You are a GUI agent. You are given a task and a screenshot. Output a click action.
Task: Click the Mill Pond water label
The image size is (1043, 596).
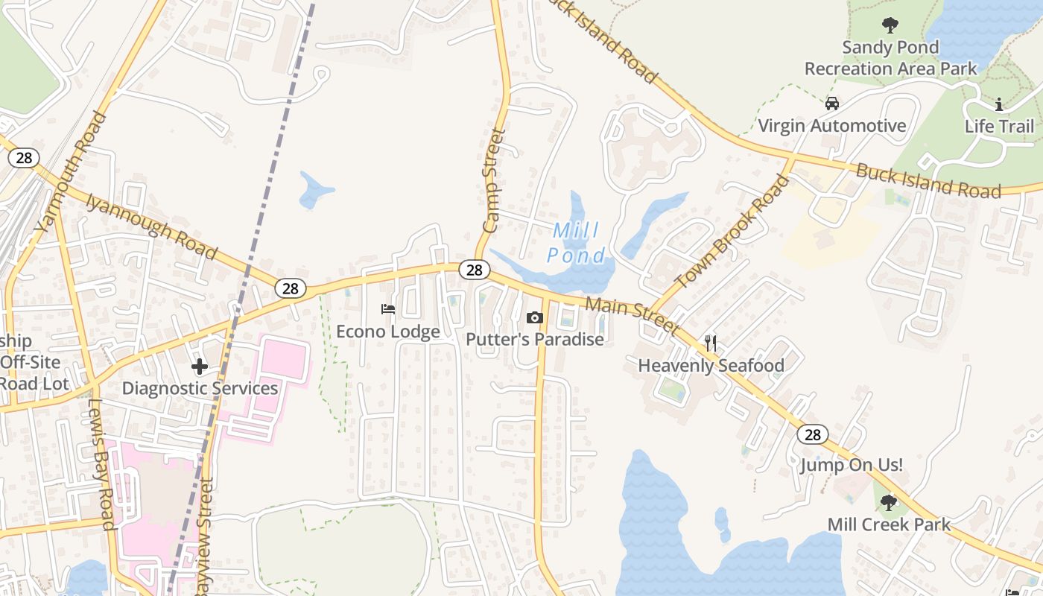click(x=576, y=243)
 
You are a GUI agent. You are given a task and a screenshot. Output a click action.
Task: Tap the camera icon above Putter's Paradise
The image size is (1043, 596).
click(x=534, y=318)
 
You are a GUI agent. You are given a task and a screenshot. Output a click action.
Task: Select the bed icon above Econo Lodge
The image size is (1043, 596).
click(x=387, y=308)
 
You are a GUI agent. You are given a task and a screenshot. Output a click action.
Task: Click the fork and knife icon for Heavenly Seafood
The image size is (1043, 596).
click(x=711, y=343)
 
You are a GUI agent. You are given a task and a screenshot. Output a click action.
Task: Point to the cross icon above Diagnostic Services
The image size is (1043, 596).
click(x=200, y=366)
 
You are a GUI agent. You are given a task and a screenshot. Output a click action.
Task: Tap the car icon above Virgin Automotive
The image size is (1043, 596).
click(x=831, y=104)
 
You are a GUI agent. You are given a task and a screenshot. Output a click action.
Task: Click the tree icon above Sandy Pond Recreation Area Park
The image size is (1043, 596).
click(x=890, y=25)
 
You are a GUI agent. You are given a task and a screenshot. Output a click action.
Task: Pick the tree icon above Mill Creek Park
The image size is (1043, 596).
click(x=888, y=503)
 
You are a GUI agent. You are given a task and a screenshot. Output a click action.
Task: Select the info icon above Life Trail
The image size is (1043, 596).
click(x=999, y=104)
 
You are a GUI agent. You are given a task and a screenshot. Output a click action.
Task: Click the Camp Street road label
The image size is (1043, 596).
click(x=493, y=181)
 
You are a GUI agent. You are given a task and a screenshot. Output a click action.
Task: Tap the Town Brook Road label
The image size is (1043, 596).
click(x=732, y=232)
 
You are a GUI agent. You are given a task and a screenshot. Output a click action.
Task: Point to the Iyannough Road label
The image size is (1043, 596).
click(x=151, y=227)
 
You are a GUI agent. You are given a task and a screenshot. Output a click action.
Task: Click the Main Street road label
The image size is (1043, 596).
click(x=632, y=315)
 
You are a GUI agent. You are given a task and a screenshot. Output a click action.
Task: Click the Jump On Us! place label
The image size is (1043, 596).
click(x=852, y=466)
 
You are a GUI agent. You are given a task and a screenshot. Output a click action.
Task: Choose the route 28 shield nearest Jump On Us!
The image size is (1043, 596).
click(x=812, y=434)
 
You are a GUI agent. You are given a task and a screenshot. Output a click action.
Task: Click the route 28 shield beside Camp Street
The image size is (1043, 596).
click(x=474, y=270)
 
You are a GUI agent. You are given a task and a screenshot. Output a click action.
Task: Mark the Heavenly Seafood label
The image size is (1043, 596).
click(x=711, y=365)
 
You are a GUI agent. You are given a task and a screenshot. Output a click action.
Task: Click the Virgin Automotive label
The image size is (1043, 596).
click(x=831, y=125)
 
